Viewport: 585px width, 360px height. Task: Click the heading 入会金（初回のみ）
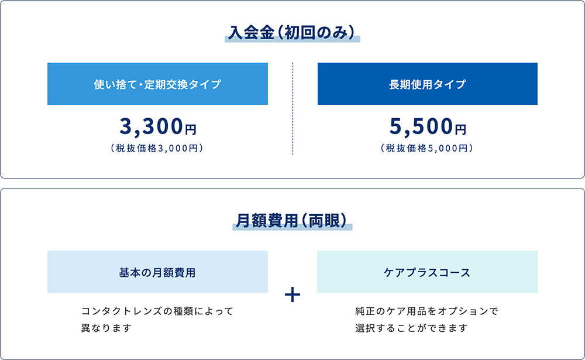click(292, 32)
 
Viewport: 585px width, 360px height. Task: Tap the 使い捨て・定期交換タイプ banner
click(157, 84)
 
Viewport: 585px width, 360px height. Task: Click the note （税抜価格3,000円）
click(157, 149)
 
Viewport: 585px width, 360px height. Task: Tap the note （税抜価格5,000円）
click(428, 149)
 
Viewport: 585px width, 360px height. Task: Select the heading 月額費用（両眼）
click(292, 220)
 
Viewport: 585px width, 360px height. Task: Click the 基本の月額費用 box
click(157, 272)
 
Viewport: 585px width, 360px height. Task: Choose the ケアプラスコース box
click(427, 272)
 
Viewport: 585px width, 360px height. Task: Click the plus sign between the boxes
click(292, 294)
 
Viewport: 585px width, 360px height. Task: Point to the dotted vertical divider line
click(292, 108)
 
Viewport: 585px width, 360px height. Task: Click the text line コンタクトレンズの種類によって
click(157, 311)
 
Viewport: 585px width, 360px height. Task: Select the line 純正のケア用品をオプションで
click(426, 311)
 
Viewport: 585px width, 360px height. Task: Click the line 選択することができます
click(411, 328)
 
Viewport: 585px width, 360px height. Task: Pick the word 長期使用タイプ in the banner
click(428, 84)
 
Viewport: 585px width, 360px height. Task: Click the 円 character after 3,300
click(191, 128)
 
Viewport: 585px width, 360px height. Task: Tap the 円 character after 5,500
click(461, 128)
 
